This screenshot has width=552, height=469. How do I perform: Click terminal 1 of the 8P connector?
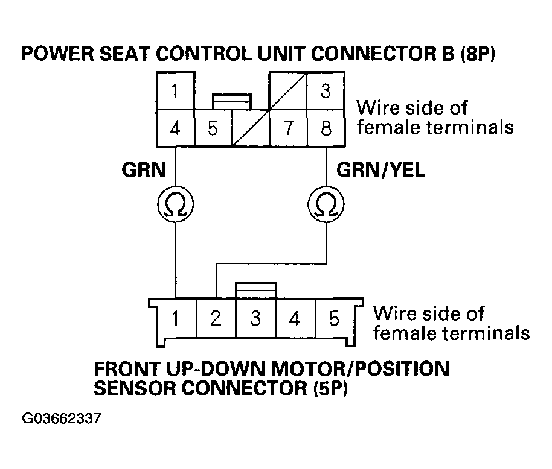point(175,92)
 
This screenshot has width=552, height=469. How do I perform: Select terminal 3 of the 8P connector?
point(326,92)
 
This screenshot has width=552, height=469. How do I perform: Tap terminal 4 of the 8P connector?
point(175,128)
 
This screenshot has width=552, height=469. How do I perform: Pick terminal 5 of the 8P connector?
point(213,128)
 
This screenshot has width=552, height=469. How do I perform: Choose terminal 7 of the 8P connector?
point(287,128)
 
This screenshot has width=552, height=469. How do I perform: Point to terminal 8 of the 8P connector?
point(326,128)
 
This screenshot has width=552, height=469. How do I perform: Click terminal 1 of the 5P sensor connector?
point(175,318)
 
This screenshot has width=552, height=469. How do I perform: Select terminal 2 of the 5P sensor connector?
point(216,318)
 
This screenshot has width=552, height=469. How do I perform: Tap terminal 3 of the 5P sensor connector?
point(255,318)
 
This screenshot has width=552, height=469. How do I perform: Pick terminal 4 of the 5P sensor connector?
point(295,318)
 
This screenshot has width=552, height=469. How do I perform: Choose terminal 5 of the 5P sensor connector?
point(334,318)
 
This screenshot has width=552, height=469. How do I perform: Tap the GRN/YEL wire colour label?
point(380,170)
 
